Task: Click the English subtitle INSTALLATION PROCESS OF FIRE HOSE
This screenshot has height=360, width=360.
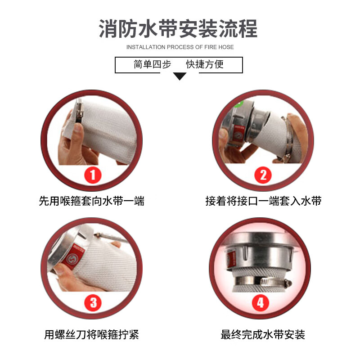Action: point(180,47)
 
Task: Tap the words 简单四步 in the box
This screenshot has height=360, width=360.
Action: point(153,65)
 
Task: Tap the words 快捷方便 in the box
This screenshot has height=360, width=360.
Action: point(205,65)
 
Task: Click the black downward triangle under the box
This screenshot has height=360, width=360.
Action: point(180,76)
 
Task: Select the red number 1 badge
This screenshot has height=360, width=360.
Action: point(93,174)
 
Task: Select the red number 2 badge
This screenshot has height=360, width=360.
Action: point(263,174)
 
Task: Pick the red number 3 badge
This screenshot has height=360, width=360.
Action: point(93,302)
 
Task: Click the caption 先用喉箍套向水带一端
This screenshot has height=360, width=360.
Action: point(91,201)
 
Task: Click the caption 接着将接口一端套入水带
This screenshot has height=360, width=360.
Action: point(263,201)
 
